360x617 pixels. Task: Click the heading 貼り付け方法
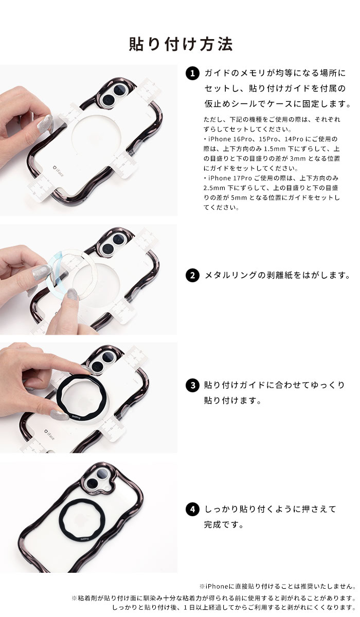pyautogui.click(x=180, y=44)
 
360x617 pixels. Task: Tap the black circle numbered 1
pyautogui.click(x=191, y=74)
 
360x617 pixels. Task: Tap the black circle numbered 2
pyautogui.click(x=191, y=275)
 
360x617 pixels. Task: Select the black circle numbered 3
pyautogui.click(x=191, y=385)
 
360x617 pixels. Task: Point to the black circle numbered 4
pyautogui.click(x=191, y=510)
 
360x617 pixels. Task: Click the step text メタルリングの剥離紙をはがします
pyautogui.click(x=277, y=275)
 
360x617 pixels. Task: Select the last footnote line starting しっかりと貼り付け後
pyautogui.click(x=233, y=607)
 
